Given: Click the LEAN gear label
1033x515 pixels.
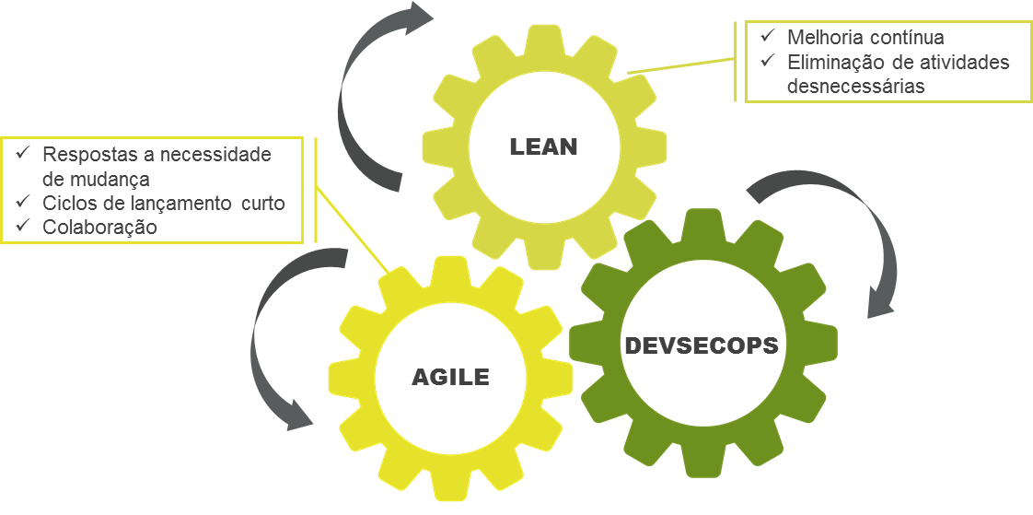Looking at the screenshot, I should (543, 146).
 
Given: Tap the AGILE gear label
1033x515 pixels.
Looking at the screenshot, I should (449, 377).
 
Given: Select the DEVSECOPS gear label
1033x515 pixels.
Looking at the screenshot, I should (702, 347).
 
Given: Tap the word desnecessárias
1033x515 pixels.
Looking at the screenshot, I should (855, 86).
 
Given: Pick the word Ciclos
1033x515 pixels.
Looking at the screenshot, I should (67, 203).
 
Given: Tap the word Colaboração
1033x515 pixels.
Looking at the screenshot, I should (100, 227).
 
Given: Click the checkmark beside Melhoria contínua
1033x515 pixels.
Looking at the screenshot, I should (765, 38).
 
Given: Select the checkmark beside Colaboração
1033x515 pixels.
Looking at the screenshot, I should (21, 226).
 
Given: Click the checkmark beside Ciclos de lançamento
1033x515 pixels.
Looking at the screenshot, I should (21, 202).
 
